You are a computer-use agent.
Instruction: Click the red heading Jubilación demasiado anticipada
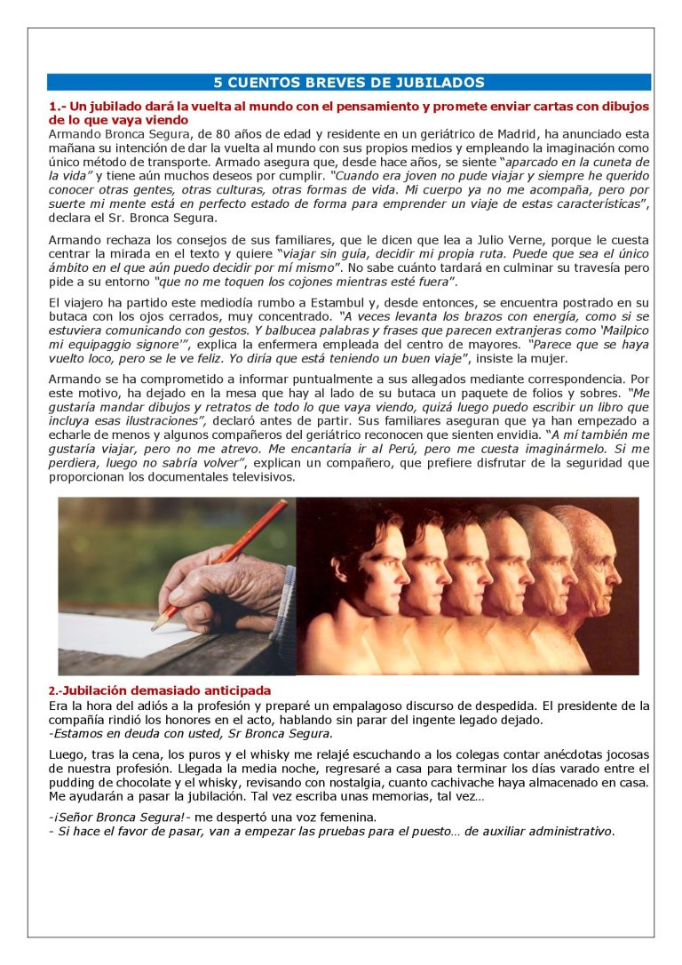coord(160,690)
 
